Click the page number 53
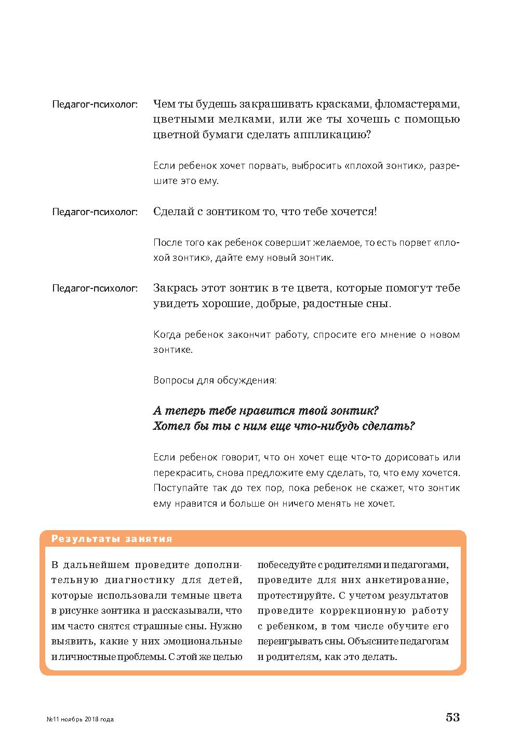click(452, 718)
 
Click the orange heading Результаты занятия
click(112, 539)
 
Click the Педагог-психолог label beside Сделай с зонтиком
click(95, 212)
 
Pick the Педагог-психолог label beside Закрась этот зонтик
click(95, 288)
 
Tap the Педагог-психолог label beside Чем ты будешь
click(95, 104)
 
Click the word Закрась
click(175, 288)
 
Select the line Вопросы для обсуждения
click(215, 380)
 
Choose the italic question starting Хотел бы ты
click(284, 427)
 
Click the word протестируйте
click(293, 596)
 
